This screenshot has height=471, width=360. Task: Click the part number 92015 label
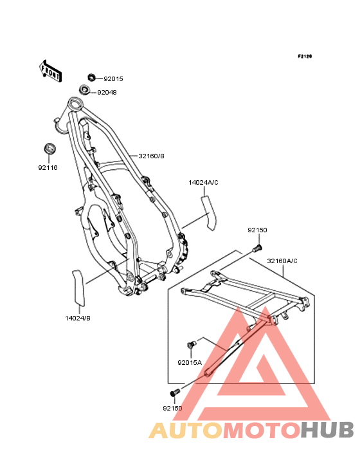click(113, 79)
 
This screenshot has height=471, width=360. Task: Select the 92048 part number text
click(107, 93)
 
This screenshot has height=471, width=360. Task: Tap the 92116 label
click(48, 167)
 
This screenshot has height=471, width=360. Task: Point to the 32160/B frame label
click(151, 156)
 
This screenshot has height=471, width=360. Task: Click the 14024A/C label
click(203, 183)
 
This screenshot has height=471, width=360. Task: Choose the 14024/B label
click(78, 319)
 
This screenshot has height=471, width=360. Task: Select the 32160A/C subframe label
click(282, 261)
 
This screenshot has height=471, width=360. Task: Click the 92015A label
click(190, 363)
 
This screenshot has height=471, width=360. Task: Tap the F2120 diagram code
click(305, 56)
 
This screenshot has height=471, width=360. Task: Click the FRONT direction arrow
click(51, 71)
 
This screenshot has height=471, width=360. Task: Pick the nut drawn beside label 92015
click(91, 77)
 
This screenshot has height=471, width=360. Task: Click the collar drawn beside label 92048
click(85, 89)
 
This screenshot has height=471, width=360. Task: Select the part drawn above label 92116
click(50, 149)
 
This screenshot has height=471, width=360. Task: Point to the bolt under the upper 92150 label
click(257, 248)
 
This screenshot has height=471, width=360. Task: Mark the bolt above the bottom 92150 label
click(174, 392)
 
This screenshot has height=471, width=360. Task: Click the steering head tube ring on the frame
click(75, 104)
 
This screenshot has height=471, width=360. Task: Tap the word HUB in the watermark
click(327, 430)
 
